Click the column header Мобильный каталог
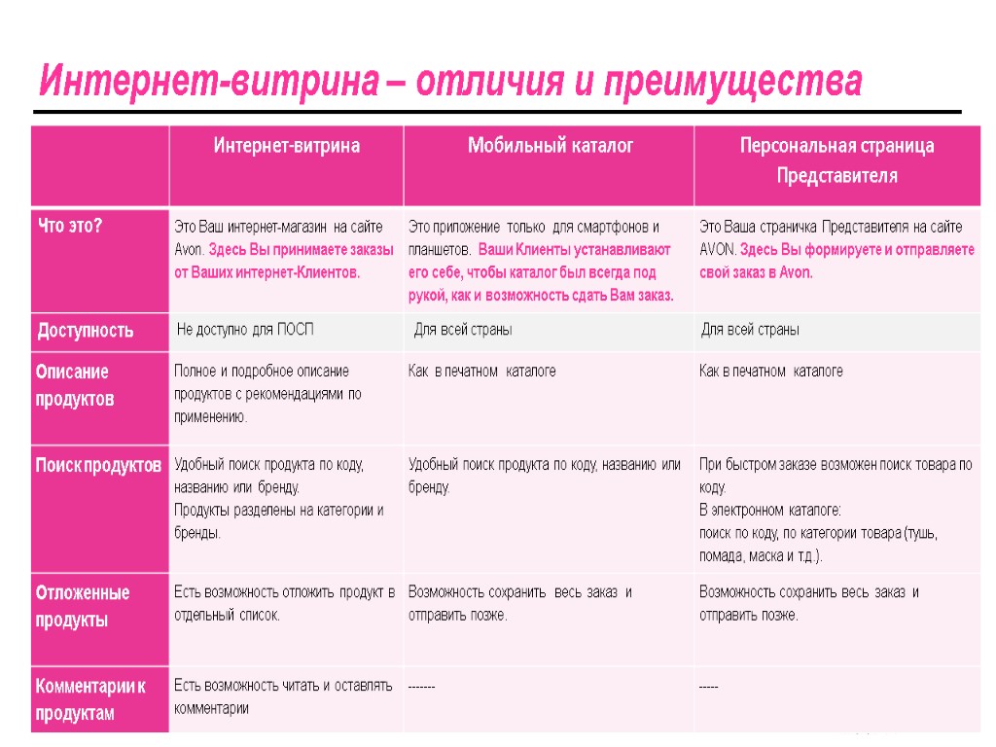[551, 146]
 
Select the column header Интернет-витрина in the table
[287, 146]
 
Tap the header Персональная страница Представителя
[836, 161]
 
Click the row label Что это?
[70, 226]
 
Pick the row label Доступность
[86, 331]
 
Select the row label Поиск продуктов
[98, 466]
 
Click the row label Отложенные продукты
[83, 606]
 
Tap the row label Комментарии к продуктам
[90, 699]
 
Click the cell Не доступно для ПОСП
[245, 330]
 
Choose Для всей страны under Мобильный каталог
[463, 330]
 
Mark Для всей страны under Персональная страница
[751, 330]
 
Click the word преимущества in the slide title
[733, 82]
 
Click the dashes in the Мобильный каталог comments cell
[421, 687]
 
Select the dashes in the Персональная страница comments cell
[708, 687]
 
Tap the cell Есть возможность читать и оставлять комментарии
[283, 696]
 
